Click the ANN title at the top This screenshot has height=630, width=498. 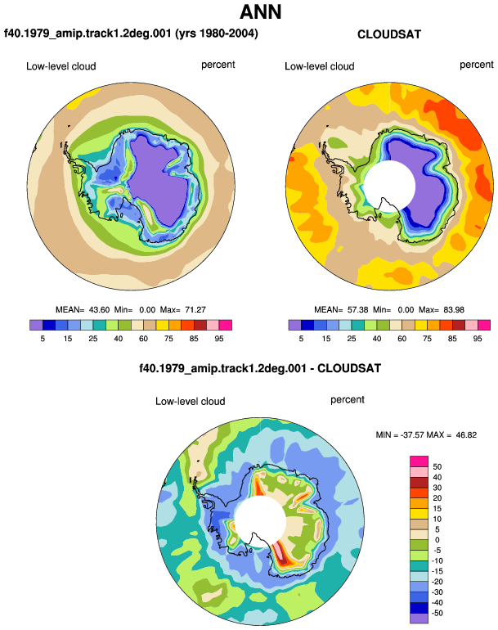[260, 11]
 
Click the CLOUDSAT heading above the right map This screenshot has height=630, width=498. [389, 34]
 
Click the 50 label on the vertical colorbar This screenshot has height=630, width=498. [437, 467]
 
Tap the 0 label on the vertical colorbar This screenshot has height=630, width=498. [437, 540]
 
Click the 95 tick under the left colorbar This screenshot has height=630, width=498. [219, 339]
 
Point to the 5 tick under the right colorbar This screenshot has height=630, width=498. [301, 339]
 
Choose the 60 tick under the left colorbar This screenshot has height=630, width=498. [143, 339]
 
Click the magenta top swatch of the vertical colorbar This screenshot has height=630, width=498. [419, 461]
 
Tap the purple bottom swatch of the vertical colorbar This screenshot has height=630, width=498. [419, 618]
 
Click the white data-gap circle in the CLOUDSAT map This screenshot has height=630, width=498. [388, 187]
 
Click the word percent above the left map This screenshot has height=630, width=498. [218, 65]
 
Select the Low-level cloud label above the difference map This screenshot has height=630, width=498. [191, 401]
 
